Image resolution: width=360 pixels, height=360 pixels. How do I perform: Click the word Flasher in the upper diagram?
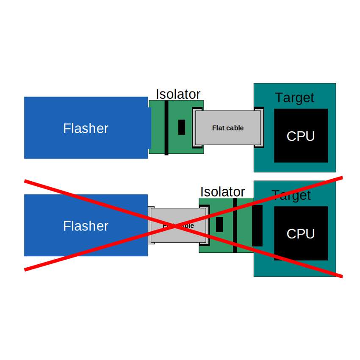click(x=86, y=128)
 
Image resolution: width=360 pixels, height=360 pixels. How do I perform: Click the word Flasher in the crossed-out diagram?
click(x=86, y=226)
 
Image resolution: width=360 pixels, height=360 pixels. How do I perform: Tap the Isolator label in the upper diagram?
click(x=178, y=94)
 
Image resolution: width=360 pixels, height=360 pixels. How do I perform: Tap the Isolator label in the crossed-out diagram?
click(x=222, y=192)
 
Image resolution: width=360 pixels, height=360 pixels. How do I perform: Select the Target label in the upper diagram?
click(x=294, y=97)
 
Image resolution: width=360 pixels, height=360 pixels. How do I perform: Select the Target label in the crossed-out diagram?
click(x=291, y=195)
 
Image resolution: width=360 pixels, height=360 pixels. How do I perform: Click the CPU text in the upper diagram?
click(x=301, y=136)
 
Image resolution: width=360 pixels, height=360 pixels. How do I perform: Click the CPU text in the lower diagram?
click(x=301, y=234)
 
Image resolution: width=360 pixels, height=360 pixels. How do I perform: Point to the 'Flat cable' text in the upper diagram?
click(x=228, y=128)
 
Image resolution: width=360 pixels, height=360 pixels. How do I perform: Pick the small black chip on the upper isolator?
click(x=182, y=127)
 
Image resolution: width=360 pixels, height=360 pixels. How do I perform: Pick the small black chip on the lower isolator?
click(x=219, y=224)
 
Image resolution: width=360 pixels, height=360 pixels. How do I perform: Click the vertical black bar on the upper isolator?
click(x=166, y=127)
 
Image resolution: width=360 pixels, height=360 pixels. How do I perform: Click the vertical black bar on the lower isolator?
click(x=235, y=225)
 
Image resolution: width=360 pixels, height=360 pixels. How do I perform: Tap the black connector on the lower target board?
click(x=258, y=225)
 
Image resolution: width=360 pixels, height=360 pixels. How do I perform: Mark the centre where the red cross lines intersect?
click(x=183, y=225)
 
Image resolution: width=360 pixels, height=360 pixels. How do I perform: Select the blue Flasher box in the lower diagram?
click(x=51, y=241)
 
